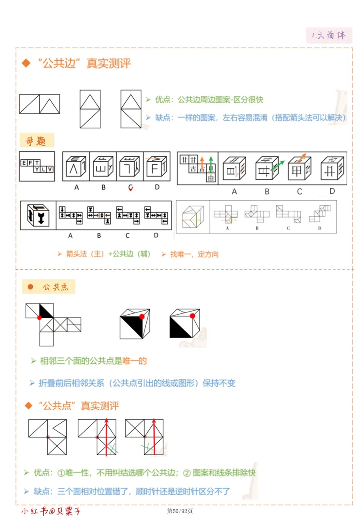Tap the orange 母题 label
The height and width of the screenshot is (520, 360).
36,141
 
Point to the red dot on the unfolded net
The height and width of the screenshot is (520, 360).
40,318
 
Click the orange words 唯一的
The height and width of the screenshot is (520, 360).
135,361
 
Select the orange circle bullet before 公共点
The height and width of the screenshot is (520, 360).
31,287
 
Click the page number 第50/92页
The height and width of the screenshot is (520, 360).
180,511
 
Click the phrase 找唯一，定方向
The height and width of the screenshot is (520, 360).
194,254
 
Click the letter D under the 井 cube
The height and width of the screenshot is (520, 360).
332,191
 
